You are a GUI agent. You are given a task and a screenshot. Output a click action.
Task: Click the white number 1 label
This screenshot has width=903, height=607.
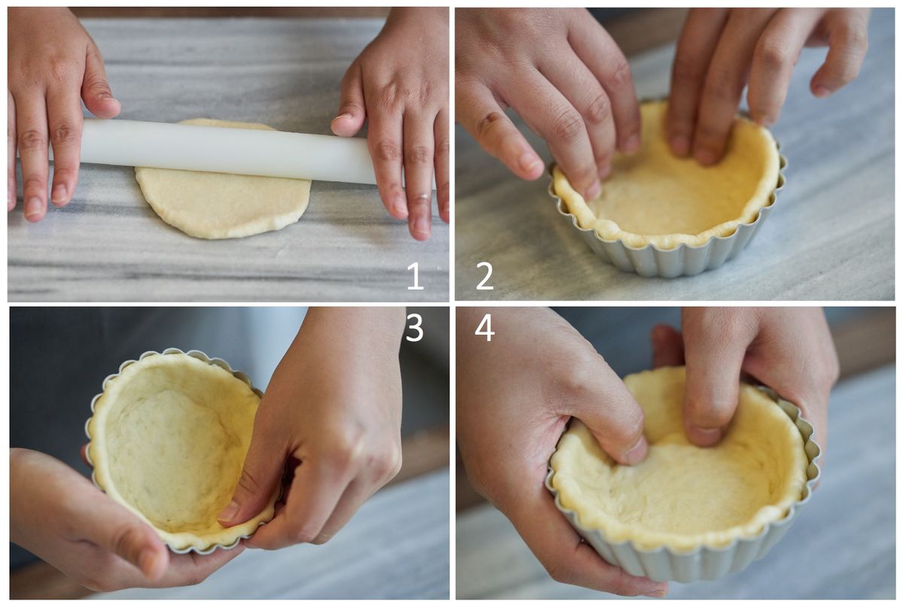pos(415,276)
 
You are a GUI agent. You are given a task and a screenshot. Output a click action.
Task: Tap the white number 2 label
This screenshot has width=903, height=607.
pos(485,276)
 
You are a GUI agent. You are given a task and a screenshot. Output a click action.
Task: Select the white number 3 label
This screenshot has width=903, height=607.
pos(415,327)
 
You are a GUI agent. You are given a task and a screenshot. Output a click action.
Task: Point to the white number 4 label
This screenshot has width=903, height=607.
pos(484,327)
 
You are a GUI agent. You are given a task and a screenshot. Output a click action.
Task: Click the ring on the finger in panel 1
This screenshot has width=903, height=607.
pos(423,197)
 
